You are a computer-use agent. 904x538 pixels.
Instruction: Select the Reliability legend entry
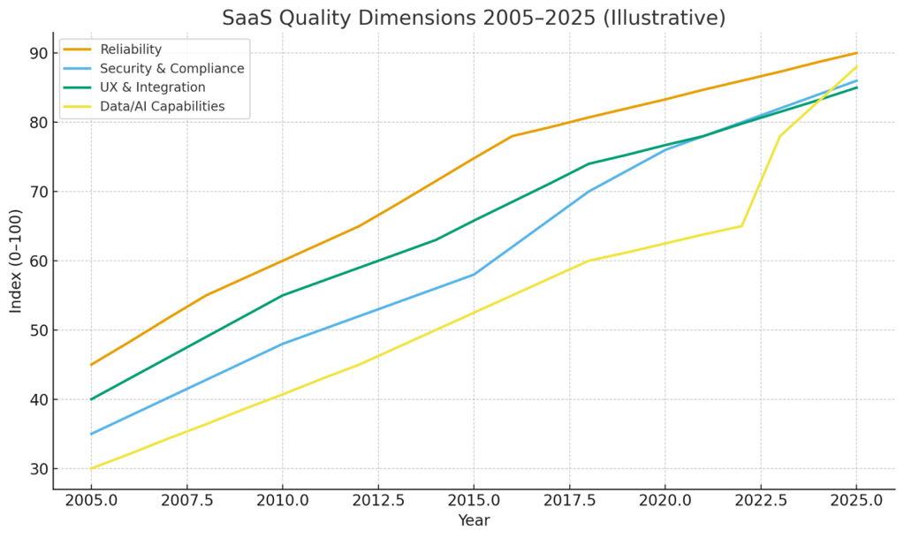pos(131,49)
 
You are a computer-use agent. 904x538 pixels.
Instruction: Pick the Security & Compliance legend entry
pos(171,68)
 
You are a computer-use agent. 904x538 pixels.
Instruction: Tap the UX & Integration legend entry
pos(152,87)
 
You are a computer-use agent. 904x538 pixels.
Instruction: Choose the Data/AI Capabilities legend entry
pos(162,107)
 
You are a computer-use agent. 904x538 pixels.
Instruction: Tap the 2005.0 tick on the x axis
pos(91,501)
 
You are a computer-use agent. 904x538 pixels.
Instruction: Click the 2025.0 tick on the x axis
pos(856,501)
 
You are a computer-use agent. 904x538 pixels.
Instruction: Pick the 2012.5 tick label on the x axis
pos(378,501)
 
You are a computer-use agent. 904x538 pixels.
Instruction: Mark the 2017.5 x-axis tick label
pos(569,501)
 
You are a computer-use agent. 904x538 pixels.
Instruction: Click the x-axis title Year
pos(474,521)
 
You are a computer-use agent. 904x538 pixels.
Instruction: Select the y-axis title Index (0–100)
pos(16,261)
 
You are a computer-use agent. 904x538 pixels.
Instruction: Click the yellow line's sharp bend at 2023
pos(779,136)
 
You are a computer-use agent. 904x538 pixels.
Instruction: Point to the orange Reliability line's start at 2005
pos(91,365)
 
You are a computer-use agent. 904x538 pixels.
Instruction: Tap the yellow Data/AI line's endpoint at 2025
pos(856,67)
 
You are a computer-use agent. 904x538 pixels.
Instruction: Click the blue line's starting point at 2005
pos(91,434)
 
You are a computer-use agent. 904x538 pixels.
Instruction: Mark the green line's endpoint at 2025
pos(856,87)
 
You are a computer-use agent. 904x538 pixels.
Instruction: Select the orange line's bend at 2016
pos(512,136)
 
